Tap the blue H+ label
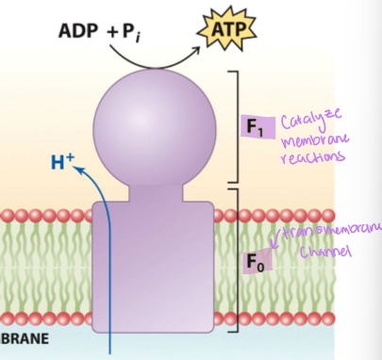click(x=62, y=163)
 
